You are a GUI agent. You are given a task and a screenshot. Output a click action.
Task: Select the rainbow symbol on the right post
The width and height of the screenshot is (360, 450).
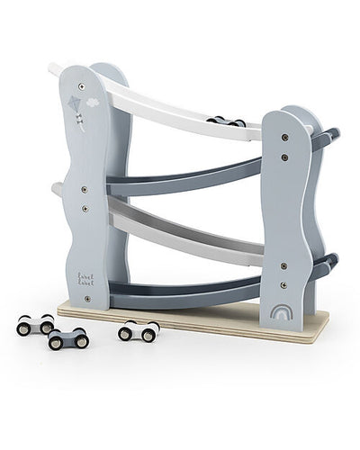283,312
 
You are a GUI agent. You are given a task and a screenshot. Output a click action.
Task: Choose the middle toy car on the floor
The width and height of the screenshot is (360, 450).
68,338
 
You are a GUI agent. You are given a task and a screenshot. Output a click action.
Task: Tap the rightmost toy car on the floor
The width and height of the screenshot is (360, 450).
139,330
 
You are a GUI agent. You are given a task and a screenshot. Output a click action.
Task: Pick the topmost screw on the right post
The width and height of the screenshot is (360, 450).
285,138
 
